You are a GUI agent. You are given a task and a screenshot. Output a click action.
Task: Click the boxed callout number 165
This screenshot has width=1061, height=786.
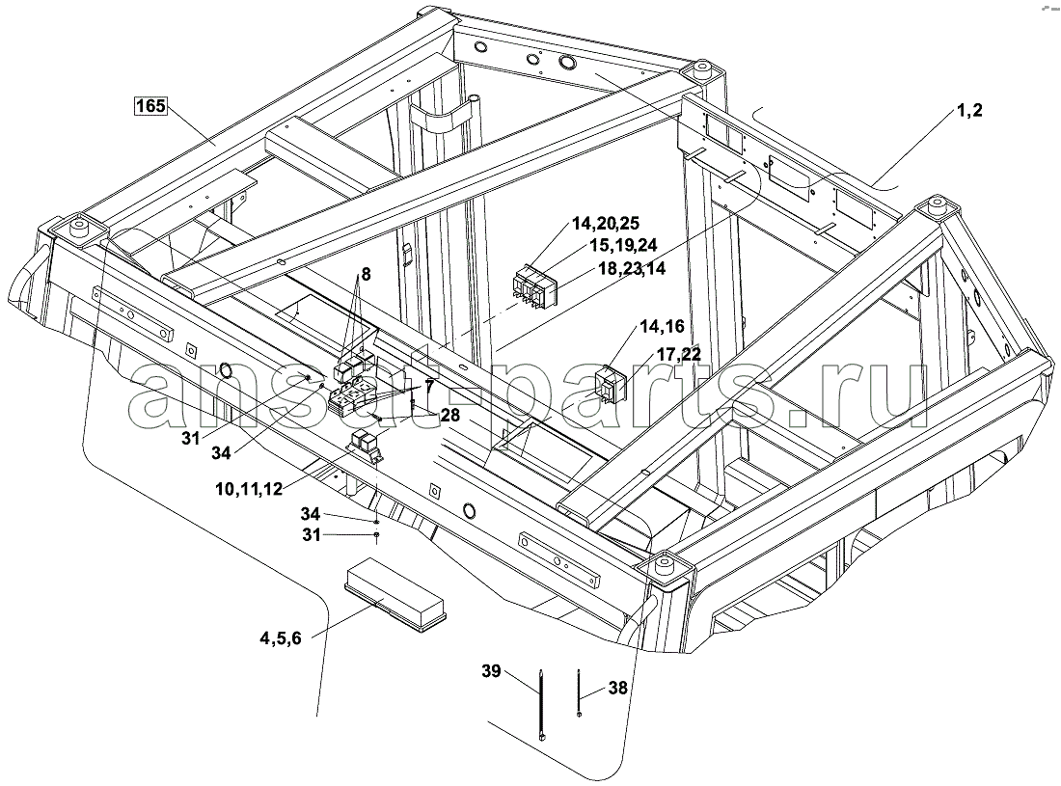150,106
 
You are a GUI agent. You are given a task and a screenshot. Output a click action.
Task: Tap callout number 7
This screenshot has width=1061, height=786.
428,386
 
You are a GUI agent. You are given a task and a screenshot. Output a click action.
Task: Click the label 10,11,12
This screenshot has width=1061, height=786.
249,488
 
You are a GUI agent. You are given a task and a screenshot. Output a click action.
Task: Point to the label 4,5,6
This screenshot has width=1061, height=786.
281,637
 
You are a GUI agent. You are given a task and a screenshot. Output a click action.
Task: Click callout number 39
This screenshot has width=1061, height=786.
491,672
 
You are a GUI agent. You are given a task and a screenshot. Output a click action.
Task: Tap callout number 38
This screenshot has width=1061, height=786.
617,690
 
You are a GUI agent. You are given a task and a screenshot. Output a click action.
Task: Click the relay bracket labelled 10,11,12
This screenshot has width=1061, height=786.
367,447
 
